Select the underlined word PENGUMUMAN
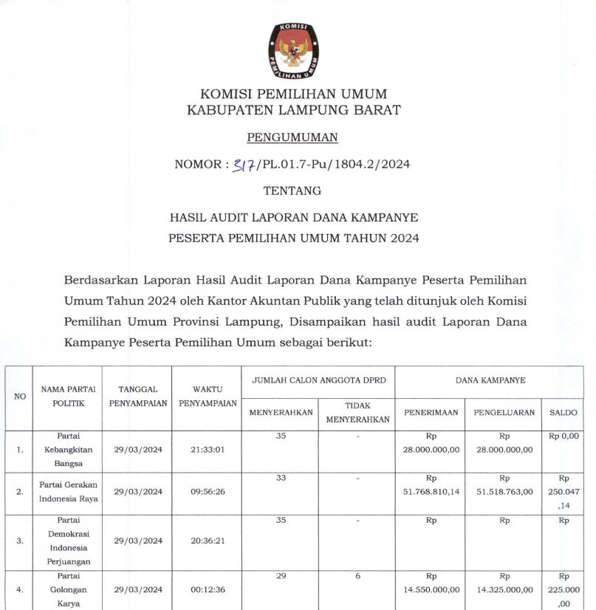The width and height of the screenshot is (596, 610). coord(292,137)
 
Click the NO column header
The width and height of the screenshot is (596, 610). coord(20,397)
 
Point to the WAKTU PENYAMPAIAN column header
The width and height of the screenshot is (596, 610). coord(208,396)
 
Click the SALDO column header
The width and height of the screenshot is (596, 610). coord(564,413)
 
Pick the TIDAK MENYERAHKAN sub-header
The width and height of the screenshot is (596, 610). coord(357,413)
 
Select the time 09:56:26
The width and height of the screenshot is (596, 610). coord(208,491)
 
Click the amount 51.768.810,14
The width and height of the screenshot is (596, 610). coord(431,491)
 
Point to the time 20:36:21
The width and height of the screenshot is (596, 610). coord(208,541)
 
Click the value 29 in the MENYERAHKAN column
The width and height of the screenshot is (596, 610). coord(281,575)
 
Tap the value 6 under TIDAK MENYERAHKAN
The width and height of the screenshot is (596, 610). coord(357,575)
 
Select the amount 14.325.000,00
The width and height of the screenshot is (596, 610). coord(504,589)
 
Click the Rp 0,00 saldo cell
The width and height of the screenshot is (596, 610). coord(564,436)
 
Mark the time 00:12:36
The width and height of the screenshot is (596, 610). coord(208,589)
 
